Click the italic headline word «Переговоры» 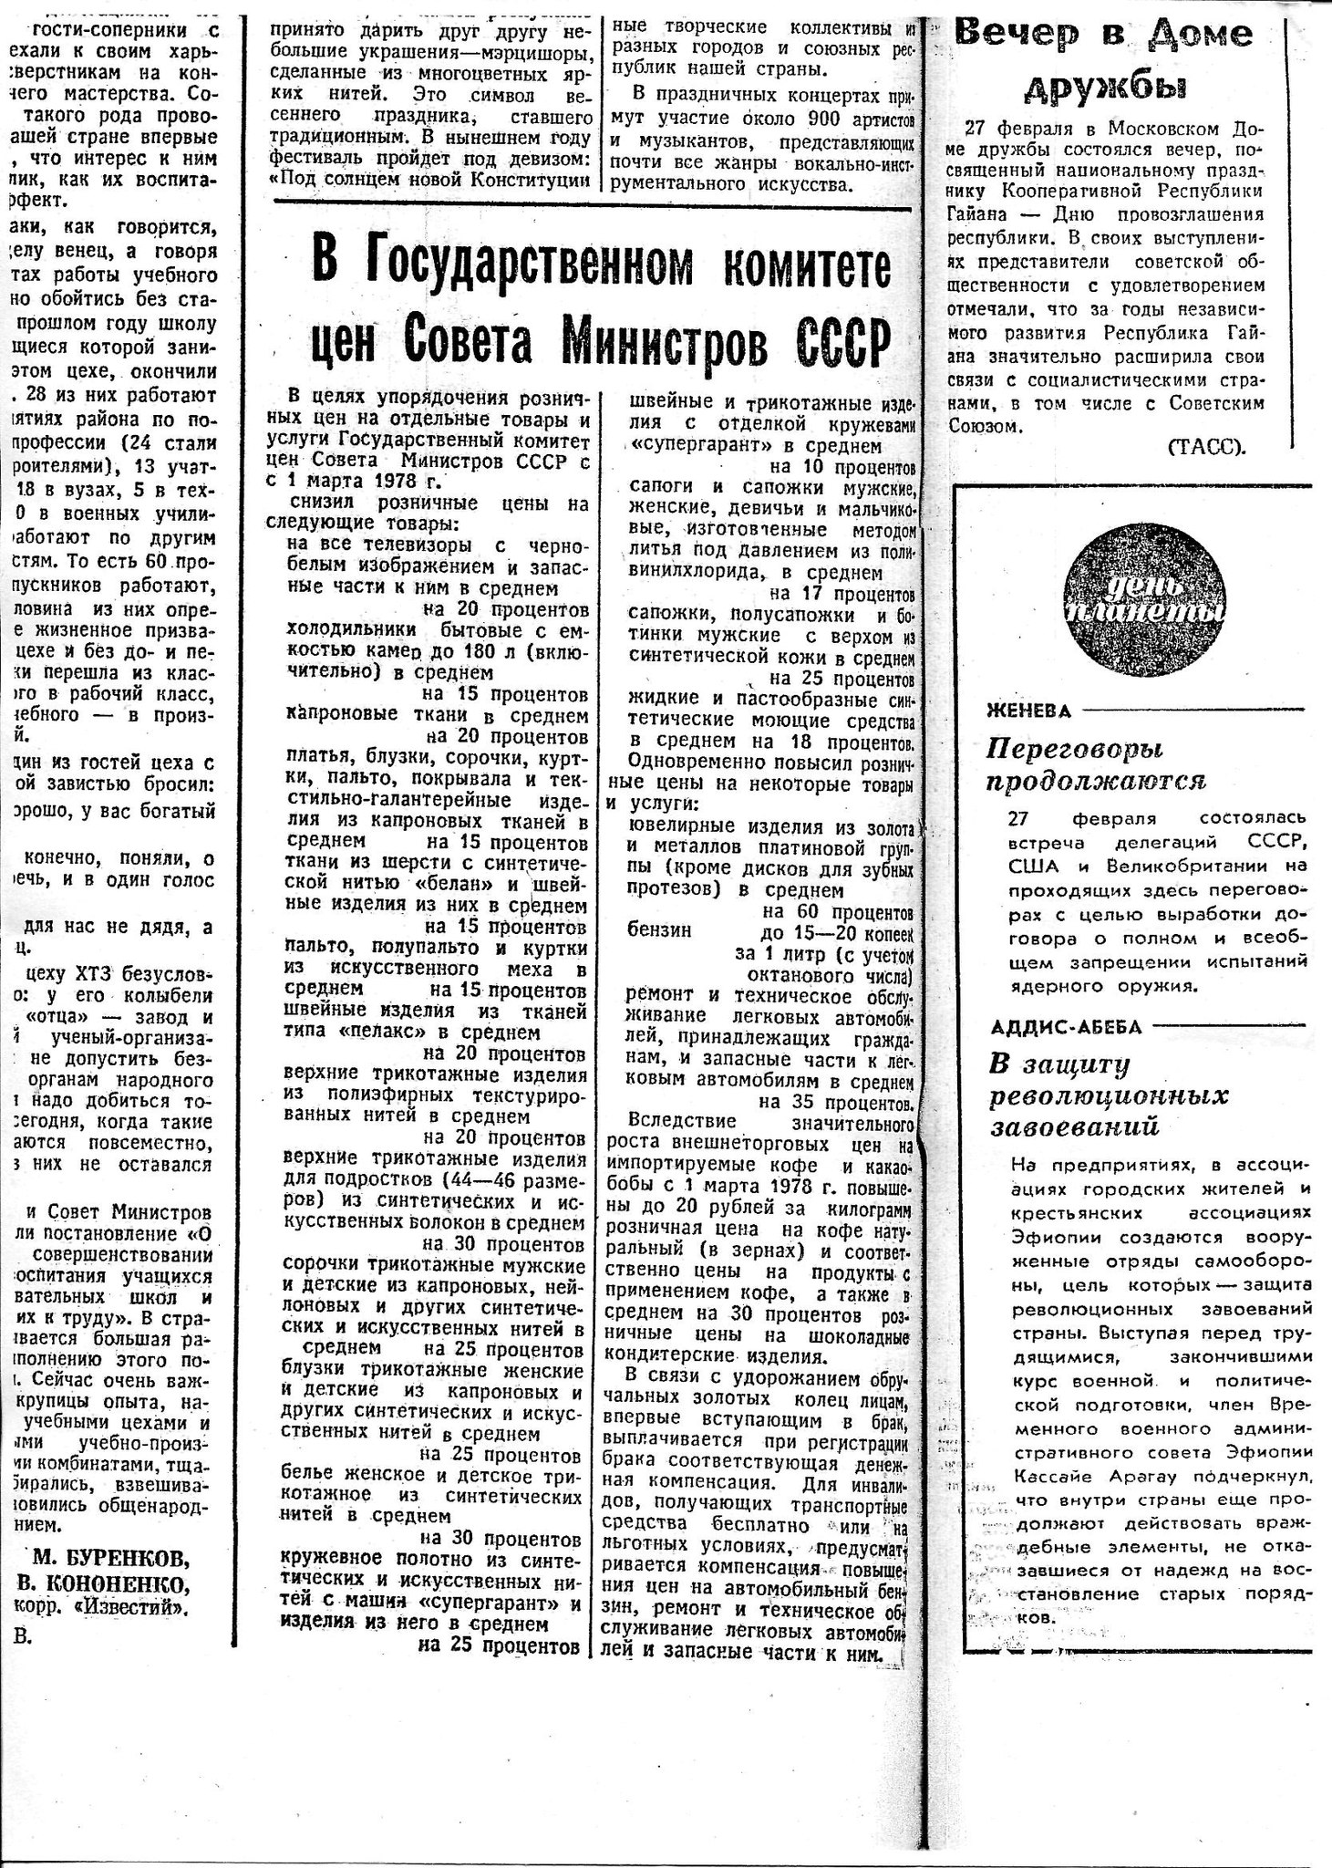[1075, 750]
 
